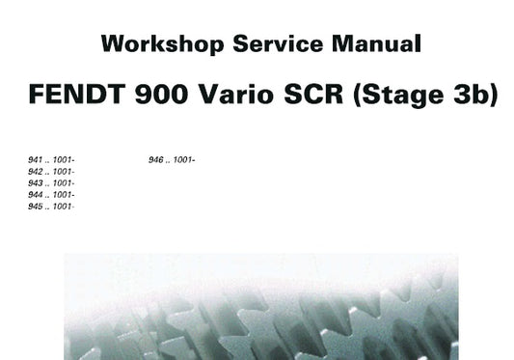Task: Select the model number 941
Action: (x=35, y=159)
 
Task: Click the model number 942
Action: (x=35, y=171)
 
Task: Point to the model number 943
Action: (x=35, y=182)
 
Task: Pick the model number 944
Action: (x=35, y=194)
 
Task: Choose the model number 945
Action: (x=35, y=206)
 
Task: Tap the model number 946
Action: (x=154, y=159)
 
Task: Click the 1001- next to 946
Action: (x=184, y=159)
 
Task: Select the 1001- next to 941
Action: (x=65, y=159)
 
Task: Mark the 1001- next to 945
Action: (x=65, y=206)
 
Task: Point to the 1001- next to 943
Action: (x=65, y=182)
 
